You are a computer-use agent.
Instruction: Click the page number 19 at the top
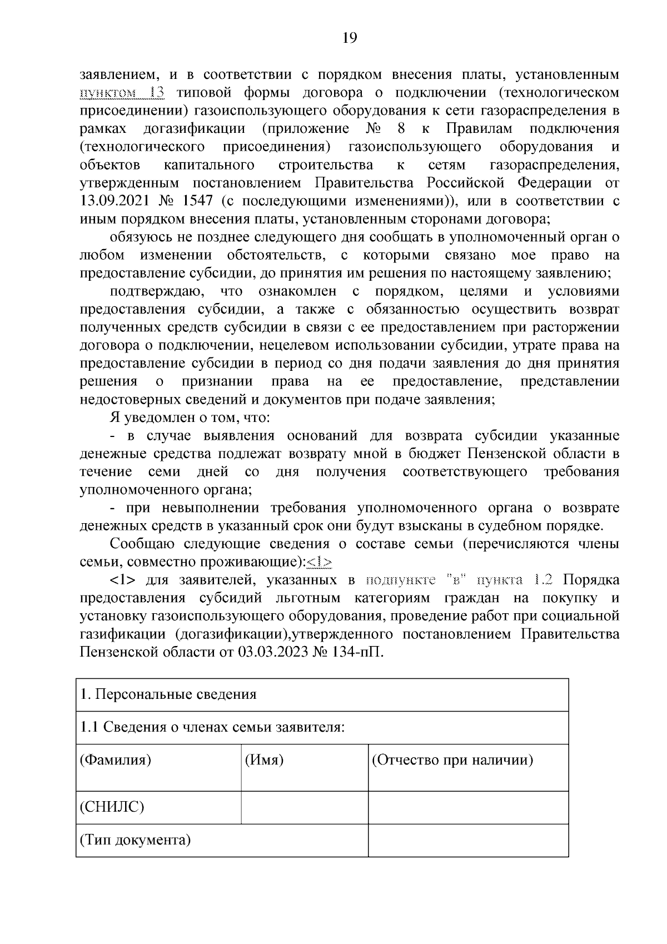[x=349, y=38]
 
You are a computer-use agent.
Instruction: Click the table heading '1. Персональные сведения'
[x=168, y=694]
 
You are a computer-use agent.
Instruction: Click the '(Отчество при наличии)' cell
[x=452, y=760]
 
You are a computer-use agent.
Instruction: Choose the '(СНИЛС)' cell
[x=112, y=807]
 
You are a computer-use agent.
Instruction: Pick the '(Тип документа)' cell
[x=135, y=839]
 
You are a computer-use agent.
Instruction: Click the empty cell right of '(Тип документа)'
[x=467, y=840]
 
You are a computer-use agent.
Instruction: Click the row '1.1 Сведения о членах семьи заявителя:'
[x=213, y=727]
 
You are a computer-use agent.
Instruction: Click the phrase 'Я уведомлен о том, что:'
[x=190, y=418]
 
